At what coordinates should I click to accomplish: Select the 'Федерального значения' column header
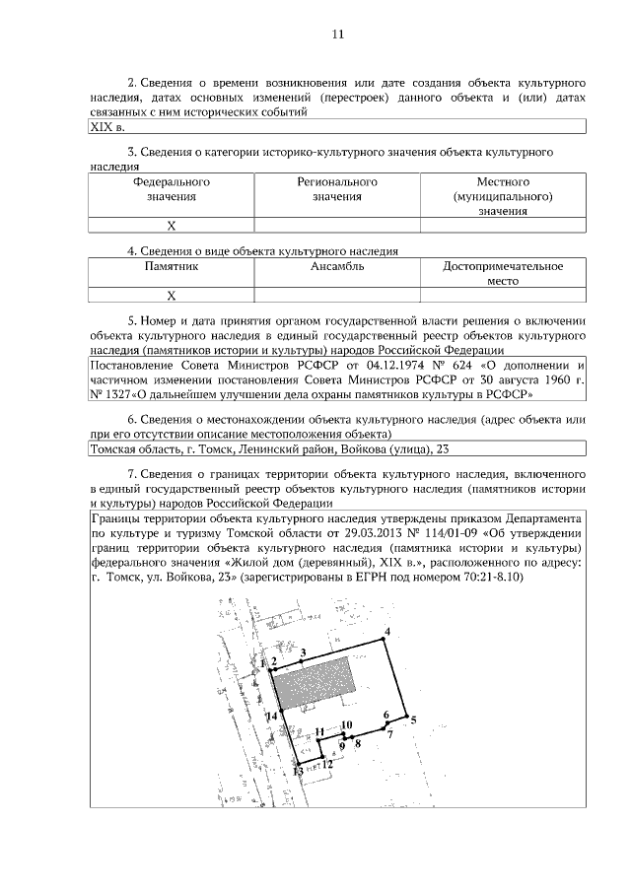171,189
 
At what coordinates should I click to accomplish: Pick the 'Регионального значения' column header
337,189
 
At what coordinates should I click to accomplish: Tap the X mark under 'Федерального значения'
171,226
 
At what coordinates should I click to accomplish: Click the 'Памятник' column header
171,267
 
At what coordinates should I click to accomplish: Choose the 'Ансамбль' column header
337,267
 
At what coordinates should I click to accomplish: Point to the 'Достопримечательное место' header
503,273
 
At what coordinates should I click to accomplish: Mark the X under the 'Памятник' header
171,295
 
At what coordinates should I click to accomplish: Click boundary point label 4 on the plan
387,632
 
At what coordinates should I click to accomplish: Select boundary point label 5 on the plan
414,720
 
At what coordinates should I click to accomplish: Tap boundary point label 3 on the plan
304,652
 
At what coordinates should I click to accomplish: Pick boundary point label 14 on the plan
270,717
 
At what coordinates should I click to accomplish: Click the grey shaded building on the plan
315,680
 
